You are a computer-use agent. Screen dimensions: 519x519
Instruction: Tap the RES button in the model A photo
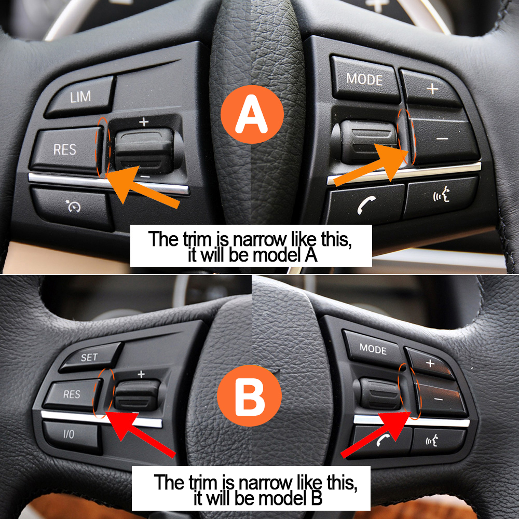(65, 150)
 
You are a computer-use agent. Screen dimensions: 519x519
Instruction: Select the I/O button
(70, 434)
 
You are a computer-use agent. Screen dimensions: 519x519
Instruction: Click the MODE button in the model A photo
(364, 79)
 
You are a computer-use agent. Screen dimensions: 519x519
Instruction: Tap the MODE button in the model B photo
(373, 349)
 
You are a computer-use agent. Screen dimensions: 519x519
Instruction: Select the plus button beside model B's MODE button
(431, 363)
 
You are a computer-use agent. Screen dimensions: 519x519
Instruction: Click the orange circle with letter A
(252, 115)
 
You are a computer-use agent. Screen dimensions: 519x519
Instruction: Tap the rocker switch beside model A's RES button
(143, 147)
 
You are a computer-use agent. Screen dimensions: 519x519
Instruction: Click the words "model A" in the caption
(286, 256)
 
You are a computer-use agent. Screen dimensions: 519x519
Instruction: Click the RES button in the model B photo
(72, 395)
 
